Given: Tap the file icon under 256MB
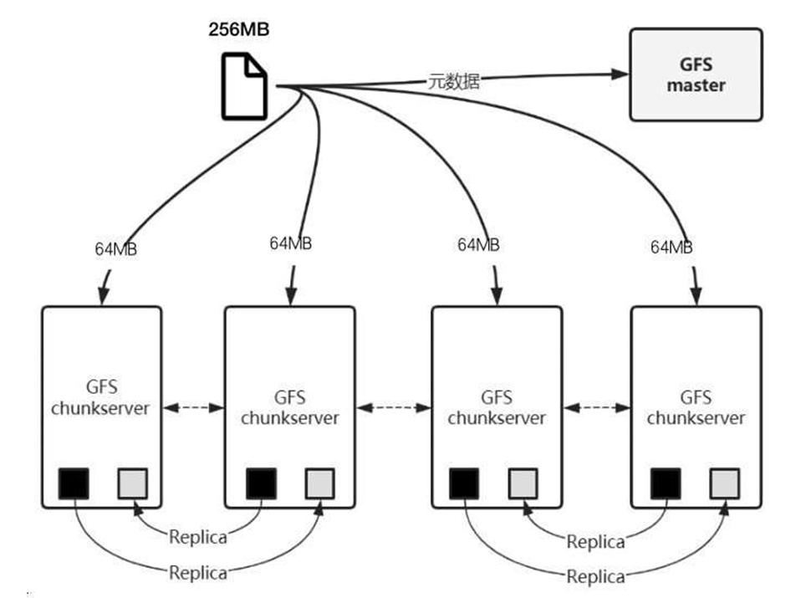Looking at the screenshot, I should pos(244,85).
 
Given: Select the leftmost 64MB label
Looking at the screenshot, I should pos(115,249).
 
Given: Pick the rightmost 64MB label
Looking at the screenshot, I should pos(671,247).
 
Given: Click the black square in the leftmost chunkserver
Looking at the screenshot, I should pos(74,483).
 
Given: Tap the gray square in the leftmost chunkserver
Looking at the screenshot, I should pos(133,483).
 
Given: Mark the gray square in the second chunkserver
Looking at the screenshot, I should pos(319,483).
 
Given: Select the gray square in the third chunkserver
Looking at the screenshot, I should pos(523,483).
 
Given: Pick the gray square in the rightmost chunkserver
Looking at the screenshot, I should pos(725,483).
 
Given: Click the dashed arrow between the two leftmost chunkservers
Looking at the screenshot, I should pos(193,407).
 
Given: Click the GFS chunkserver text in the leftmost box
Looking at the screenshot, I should pos(100,397).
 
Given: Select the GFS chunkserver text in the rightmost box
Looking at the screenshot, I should pos(696,407).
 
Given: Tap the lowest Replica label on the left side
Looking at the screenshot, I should pos(198,573).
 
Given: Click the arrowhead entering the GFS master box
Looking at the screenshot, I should pos(620,74).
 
